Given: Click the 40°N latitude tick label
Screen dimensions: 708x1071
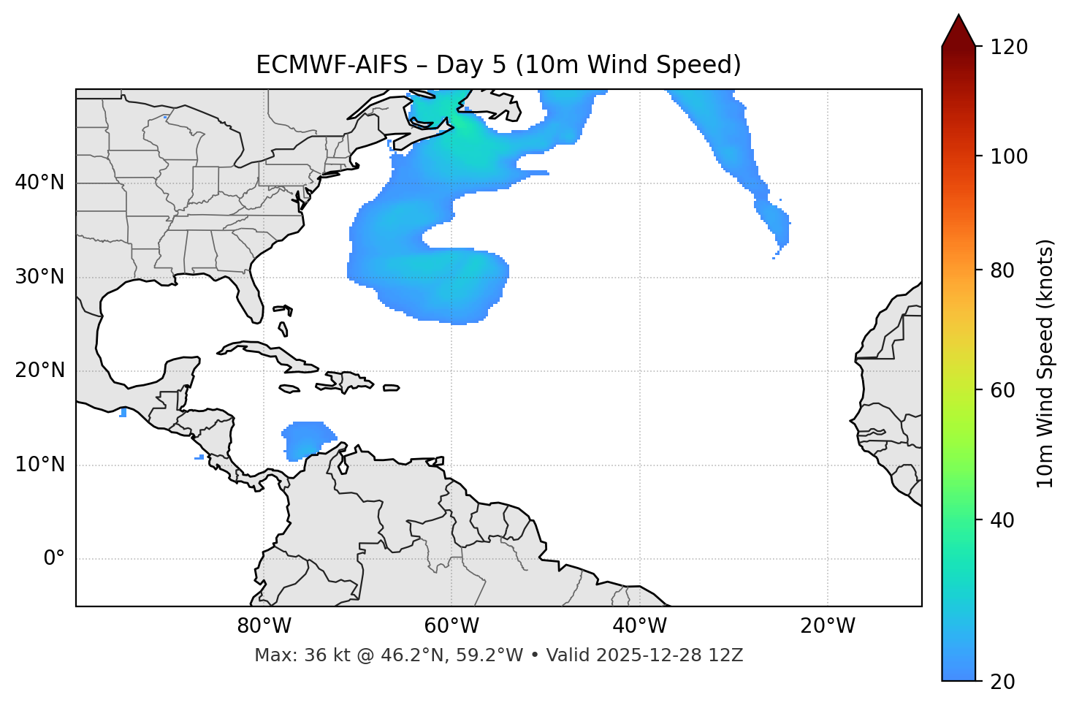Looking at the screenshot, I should tap(39, 183).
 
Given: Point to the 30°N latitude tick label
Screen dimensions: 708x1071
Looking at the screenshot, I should tap(39, 277).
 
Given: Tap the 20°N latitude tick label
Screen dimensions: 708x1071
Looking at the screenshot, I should tap(39, 371).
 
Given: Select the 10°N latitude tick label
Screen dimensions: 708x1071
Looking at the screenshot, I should tap(39, 465).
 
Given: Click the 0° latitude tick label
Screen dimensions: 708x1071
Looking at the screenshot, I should tap(53, 559).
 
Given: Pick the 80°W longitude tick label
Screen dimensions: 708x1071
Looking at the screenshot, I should tap(264, 626).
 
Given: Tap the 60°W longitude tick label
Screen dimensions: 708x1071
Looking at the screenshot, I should tap(451, 626).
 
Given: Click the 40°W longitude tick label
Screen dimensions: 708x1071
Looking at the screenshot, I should tap(639, 626).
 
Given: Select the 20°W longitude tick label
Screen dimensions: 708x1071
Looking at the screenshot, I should tap(827, 626).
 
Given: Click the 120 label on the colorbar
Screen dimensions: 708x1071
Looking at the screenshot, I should tap(1008, 47).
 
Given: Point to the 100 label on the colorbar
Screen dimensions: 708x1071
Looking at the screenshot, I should tap(1008, 156).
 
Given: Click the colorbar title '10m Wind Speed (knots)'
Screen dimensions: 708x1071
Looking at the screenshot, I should tap(1045, 363).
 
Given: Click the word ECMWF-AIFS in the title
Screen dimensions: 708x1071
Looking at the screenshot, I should tap(332, 65).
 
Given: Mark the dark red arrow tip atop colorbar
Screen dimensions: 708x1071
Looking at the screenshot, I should tap(958, 29).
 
